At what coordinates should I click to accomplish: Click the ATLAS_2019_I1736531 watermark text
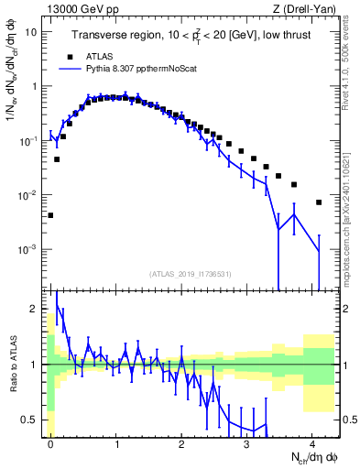click(x=191, y=273)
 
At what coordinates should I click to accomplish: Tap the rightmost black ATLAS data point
click(x=319, y=202)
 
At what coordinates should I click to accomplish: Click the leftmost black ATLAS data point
click(x=50, y=216)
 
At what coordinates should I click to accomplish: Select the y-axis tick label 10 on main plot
click(x=31, y=32)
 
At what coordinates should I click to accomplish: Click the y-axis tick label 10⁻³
click(x=27, y=249)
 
